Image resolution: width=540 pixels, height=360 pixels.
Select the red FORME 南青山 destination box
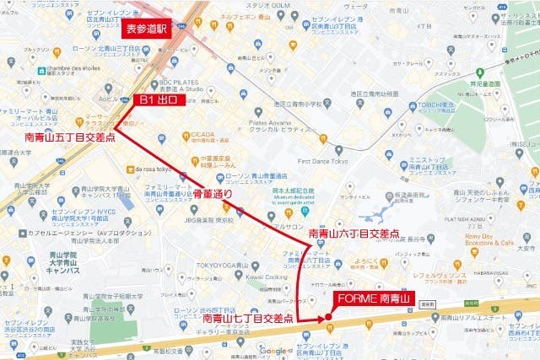[x=372, y=298]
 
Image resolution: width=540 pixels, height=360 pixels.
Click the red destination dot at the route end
[x=327, y=318]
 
